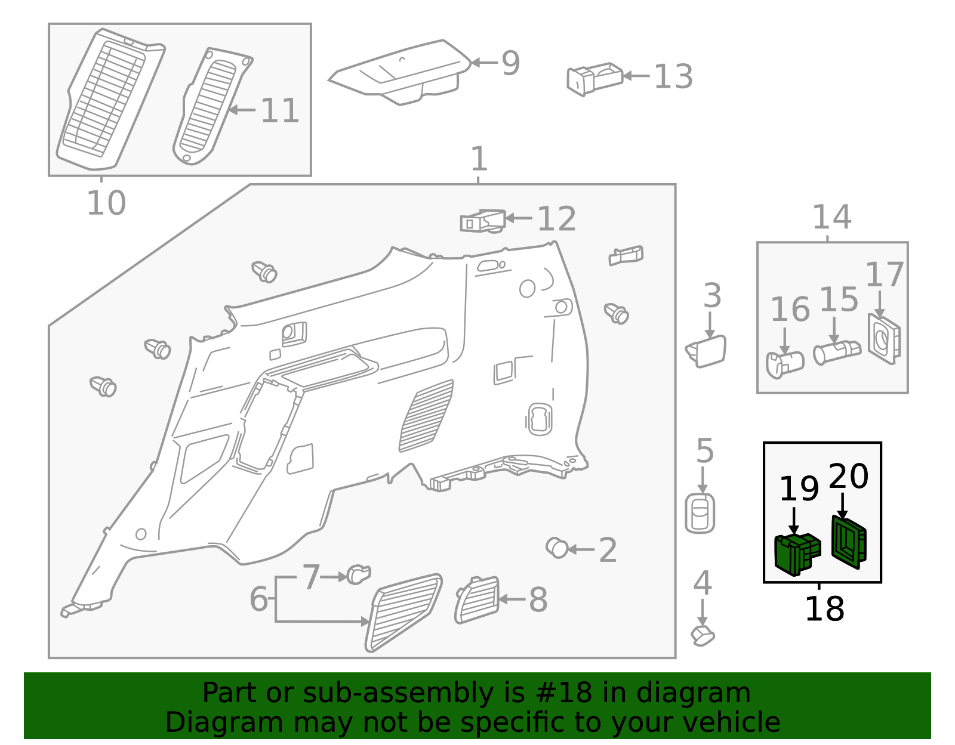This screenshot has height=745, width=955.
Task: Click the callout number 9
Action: pyautogui.click(x=511, y=63)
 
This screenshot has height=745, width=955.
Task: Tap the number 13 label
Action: pyautogui.click(x=673, y=77)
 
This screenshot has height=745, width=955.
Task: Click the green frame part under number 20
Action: pyautogui.click(x=849, y=542)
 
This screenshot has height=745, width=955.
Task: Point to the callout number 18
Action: pyautogui.click(x=824, y=609)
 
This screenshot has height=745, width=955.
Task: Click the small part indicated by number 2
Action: pyautogui.click(x=557, y=548)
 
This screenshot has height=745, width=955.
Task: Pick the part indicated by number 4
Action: pyautogui.click(x=703, y=636)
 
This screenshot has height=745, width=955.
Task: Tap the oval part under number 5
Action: pyautogui.click(x=700, y=513)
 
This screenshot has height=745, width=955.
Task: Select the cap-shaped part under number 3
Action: pyautogui.click(x=706, y=351)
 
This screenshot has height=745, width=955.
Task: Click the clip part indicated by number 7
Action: pyautogui.click(x=359, y=574)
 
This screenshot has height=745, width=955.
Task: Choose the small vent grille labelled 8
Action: pyautogui.click(x=478, y=599)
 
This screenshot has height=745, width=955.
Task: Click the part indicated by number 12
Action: pyautogui.click(x=483, y=221)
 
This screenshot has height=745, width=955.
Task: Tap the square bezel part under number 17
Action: pyautogui.click(x=884, y=339)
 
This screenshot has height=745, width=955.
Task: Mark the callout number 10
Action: pyautogui.click(x=106, y=203)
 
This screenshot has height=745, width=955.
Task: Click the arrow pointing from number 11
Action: pyautogui.click(x=242, y=110)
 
